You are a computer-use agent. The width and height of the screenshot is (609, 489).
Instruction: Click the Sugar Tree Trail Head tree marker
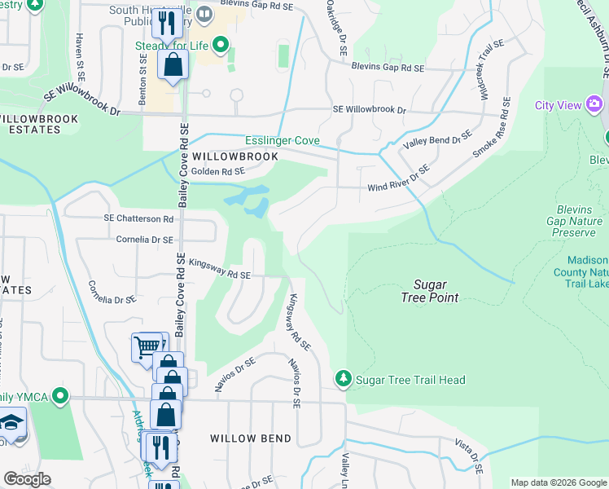tap(344, 379)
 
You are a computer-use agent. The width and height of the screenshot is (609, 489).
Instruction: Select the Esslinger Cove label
tap(283, 141)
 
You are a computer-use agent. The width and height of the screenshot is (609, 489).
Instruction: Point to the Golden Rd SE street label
tap(217, 171)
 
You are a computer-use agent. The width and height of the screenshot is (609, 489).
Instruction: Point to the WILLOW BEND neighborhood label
tap(251, 438)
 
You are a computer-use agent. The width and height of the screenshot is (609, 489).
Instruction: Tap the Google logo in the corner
tap(27, 479)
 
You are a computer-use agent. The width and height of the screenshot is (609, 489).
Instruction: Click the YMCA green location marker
tap(59, 397)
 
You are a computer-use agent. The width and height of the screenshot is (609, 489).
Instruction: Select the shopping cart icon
tap(147, 347)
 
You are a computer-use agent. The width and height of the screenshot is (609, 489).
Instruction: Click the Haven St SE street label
tap(80, 62)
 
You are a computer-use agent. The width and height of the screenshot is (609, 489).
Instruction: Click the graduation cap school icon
tap(11, 423)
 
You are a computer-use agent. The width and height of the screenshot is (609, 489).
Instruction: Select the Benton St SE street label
tap(143, 77)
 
